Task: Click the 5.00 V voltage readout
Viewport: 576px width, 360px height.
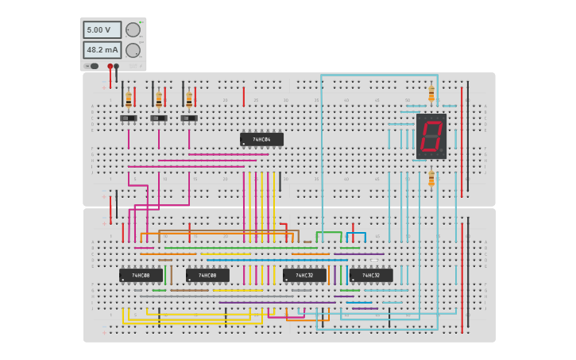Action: pos(102,29)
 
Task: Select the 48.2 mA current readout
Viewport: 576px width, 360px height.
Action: pos(102,49)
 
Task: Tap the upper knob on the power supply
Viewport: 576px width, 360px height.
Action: pos(133,30)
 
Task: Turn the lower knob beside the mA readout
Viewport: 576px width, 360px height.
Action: pos(133,50)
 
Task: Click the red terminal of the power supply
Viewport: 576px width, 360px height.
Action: pos(110,67)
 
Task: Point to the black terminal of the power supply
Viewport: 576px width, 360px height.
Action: pos(117,67)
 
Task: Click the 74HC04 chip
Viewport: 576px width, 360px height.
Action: pos(261,139)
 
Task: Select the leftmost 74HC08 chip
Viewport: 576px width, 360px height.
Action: pos(141,275)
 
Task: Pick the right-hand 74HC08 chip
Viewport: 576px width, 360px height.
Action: pos(207,275)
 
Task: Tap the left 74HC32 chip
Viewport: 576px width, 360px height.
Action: pos(304,275)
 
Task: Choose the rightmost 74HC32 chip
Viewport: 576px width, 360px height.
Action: pos(371,275)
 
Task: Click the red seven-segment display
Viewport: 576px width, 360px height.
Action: pos(431,135)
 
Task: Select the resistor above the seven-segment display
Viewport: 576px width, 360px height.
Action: pos(431,95)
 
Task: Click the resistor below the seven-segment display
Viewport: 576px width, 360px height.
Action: pos(431,179)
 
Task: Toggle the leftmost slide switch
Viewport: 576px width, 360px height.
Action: pos(129,118)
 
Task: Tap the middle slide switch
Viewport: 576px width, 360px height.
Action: pos(159,118)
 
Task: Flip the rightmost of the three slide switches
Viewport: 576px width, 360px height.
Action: pos(189,118)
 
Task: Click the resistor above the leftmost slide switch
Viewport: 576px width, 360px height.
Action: pos(129,99)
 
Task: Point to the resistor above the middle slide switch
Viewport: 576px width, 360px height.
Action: pos(159,99)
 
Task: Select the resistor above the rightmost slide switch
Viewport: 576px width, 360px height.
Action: pos(189,99)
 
